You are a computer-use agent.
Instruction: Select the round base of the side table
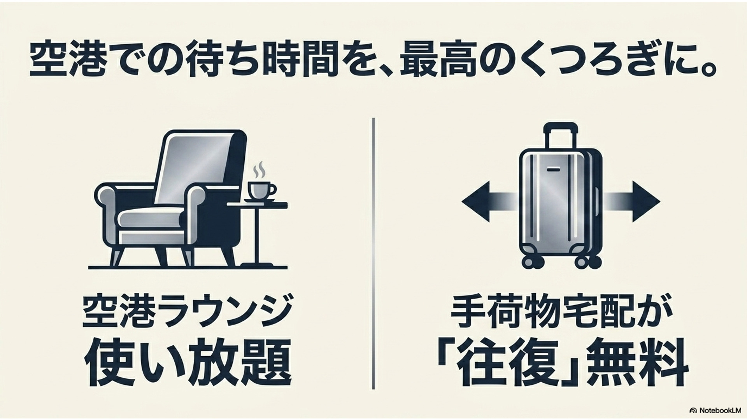tap(257, 265)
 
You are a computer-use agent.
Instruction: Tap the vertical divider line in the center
tap(373, 253)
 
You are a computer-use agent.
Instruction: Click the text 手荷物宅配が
tap(560, 313)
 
